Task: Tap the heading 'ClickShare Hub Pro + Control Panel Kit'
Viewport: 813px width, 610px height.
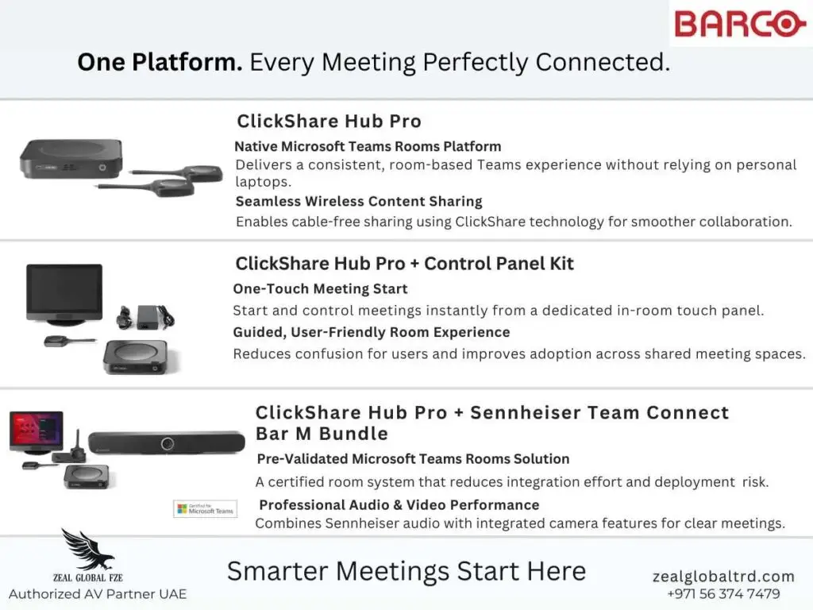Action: click(x=404, y=264)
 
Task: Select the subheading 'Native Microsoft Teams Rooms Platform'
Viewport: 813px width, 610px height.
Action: click(x=368, y=146)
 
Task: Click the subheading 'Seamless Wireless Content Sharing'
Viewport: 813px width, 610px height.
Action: click(x=358, y=202)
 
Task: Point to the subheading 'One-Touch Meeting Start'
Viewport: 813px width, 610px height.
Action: click(x=320, y=289)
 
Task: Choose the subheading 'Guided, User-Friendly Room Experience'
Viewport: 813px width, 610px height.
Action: click(x=372, y=332)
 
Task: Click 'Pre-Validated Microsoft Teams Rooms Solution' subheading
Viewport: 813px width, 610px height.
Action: click(x=413, y=459)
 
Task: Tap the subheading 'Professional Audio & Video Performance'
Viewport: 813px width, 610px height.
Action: click(x=399, y=505)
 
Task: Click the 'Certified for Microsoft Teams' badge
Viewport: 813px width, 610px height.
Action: click(x=205, y=508)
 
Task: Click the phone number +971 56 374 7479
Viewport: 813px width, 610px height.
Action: click(x=722, y=594)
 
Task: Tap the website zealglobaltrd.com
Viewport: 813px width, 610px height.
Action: click(x=722, y=577)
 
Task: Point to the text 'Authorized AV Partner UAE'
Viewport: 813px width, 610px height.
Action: click(x=98, y=594)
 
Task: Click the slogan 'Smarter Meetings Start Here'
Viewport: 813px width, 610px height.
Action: click(x=406, y=571)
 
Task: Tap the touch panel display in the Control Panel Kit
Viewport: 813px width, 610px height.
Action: click(x=64, y=292)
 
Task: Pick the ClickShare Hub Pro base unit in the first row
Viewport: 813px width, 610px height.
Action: click(x=71, y=157)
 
